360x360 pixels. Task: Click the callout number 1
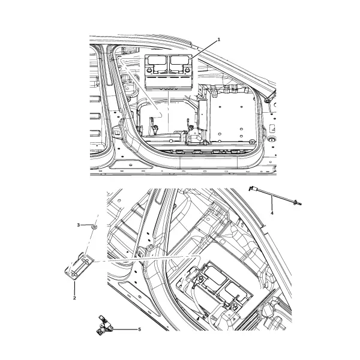(218, 40)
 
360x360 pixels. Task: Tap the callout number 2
(74, 298)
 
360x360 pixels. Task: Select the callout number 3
(78, 225)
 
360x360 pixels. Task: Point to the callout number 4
(272, 213)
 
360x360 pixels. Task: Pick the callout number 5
(139, 329)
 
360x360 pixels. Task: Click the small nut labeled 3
(94, 227)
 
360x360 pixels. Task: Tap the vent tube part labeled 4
(275, 196)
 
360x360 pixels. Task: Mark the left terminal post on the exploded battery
(149, 70)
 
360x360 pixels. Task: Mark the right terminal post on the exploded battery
(187, 70)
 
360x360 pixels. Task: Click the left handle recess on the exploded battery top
(157, 60)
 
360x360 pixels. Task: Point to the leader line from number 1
(203, 50)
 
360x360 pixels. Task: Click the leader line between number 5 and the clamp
(125, 329)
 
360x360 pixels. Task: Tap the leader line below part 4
(272, 203)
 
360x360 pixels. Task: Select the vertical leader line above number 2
(74, 287)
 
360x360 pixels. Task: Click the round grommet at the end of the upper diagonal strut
(267, 101)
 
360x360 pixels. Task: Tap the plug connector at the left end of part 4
(252, 188)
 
